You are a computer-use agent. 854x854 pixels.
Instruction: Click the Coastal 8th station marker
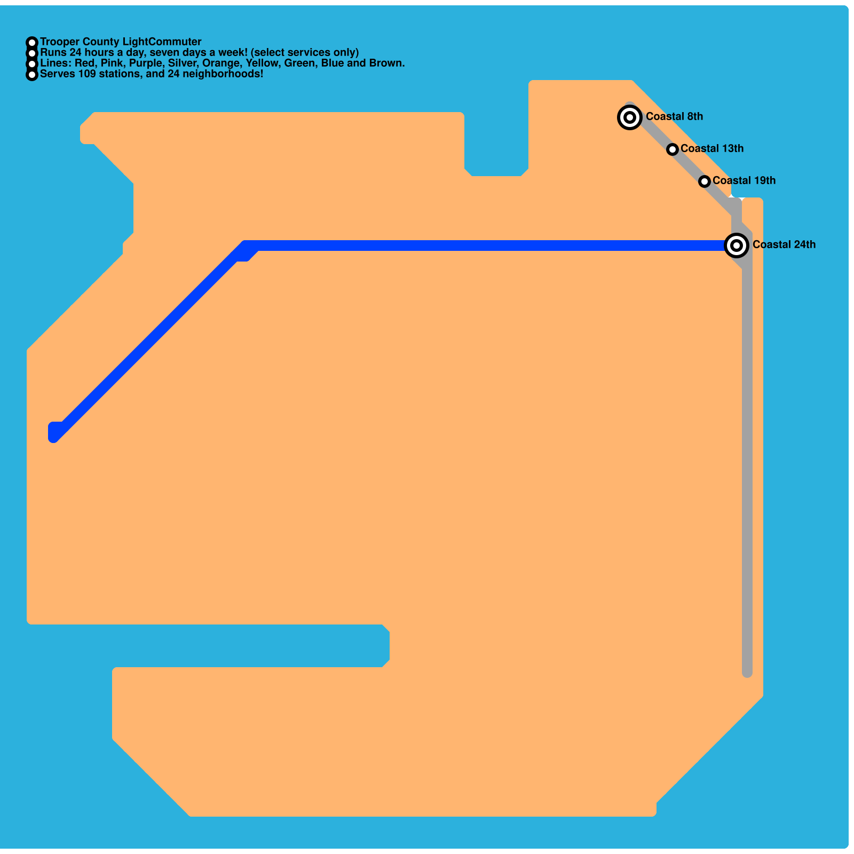[630, 117]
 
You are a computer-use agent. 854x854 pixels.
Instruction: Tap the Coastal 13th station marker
[673, 149]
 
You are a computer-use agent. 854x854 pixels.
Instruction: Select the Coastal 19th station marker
[705, 181]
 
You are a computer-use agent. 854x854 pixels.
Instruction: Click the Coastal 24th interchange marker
[737, 245]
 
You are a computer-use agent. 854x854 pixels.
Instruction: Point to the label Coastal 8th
[674, 116]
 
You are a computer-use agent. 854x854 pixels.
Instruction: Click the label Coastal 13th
[712, 148]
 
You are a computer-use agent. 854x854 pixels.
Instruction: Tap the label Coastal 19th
[744, 180]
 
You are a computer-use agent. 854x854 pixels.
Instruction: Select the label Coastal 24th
[784, 244]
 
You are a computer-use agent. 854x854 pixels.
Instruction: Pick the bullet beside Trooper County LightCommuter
[32, 42]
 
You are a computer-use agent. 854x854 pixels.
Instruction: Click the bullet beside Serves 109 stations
[32, 74]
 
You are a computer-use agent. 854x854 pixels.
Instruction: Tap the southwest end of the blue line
[54, 434]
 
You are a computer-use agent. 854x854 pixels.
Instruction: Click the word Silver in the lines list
[183, 63]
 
